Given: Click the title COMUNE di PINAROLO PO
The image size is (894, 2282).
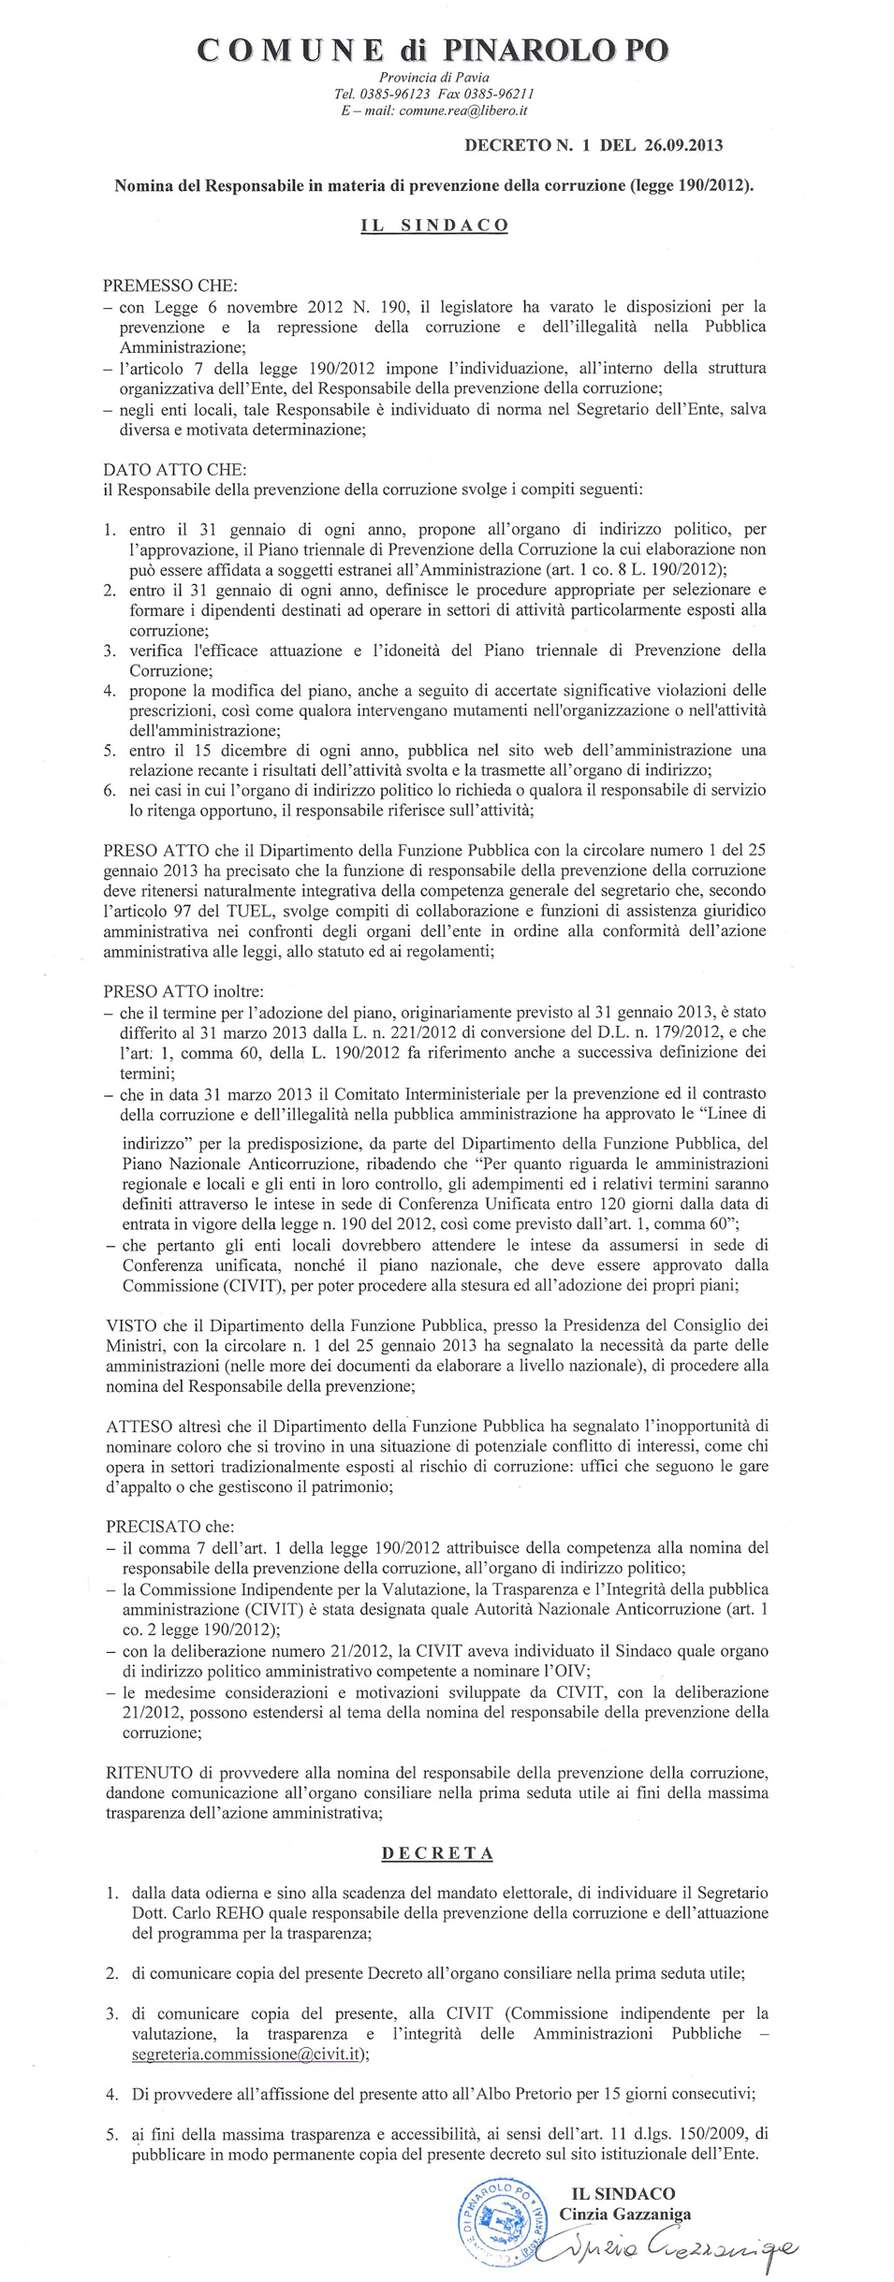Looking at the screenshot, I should (433, 50).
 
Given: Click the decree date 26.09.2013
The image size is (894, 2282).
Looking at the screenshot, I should (683, 145).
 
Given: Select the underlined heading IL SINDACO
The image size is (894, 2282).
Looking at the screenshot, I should (434, 226).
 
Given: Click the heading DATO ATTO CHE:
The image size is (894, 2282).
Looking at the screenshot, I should (175, 469).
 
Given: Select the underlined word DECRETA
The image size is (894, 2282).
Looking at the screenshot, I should (437, 1852).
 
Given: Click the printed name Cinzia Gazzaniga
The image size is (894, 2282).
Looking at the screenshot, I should (624, 2214).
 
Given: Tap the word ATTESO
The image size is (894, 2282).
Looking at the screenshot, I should (139, 1426).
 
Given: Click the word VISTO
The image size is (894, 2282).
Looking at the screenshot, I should (131, 1325).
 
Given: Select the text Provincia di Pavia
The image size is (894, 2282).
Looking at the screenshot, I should (433, 78).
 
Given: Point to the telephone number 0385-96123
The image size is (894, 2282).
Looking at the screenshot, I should (394, 94).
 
